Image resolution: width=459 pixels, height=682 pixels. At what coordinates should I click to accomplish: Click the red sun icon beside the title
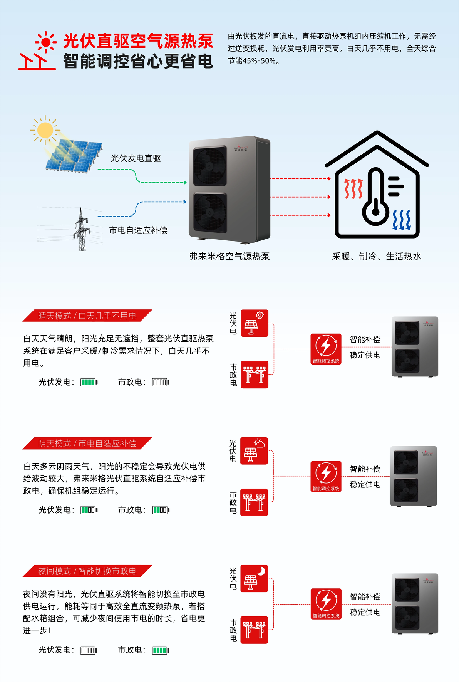[x=46, y=42]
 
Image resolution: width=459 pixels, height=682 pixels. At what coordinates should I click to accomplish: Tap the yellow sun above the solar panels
[x=45, y=130]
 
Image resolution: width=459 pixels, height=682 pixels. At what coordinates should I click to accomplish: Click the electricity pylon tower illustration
[x=82, y=229]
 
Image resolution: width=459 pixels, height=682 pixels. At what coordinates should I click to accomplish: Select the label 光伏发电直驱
[x=136, y=158]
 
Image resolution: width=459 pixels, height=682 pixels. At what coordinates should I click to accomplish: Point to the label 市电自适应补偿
[x=138, y=230]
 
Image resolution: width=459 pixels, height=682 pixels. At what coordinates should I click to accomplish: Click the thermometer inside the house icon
[x=376, y=197]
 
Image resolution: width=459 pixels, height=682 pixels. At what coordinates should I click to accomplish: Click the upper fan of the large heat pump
[x=210, y=166]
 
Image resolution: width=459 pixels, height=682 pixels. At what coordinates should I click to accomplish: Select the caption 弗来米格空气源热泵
[x=229, y=256]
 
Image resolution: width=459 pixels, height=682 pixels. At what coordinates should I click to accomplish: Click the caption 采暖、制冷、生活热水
[x=377, y=256]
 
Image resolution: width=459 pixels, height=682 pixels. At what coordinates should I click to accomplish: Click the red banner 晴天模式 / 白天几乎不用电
[x=87, y=316]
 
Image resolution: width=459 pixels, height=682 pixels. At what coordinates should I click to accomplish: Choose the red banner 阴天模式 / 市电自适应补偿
[x=87, y=443]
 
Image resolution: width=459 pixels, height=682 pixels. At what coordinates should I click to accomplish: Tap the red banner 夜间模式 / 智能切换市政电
[x=87, y=571]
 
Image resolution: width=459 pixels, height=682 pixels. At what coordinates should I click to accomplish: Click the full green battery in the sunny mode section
[x=89, y=382]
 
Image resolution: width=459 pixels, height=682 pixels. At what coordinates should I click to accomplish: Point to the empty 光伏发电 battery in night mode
[x=89, y=650]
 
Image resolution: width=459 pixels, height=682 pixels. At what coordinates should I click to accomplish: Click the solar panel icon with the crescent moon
[x=254, y=578]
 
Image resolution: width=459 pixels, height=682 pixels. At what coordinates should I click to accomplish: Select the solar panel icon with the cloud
[x=254, y=451]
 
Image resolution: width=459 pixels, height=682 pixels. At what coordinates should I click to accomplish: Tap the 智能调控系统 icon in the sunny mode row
[x=326, y=349]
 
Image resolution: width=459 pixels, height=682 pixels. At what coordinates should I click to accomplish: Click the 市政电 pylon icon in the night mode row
[x=254, y=630]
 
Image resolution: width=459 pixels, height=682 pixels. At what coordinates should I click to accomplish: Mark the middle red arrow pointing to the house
[x=301, y=197]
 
